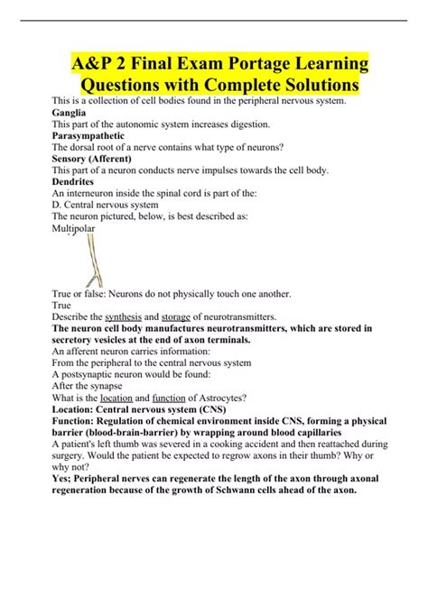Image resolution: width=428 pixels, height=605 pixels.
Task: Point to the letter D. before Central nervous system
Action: coord(58,203)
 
